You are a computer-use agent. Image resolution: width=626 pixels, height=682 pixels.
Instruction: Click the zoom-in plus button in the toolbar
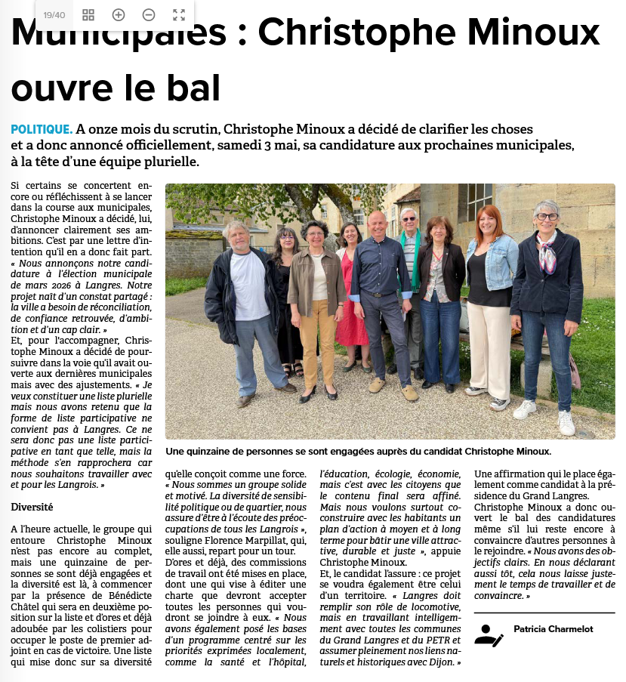(119, 15)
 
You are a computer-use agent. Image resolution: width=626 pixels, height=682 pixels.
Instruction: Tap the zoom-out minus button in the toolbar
(149, 15)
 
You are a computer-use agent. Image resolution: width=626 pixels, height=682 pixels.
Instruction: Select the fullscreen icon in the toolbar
(179, 15)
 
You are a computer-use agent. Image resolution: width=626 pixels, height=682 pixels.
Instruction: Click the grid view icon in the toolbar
(88, 15)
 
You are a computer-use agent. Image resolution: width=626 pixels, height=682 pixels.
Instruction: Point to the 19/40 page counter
(54, 15)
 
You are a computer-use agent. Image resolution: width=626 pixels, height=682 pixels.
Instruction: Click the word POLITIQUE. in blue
(42, 129)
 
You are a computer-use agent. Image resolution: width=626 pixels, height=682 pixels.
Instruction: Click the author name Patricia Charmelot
(553, 628)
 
